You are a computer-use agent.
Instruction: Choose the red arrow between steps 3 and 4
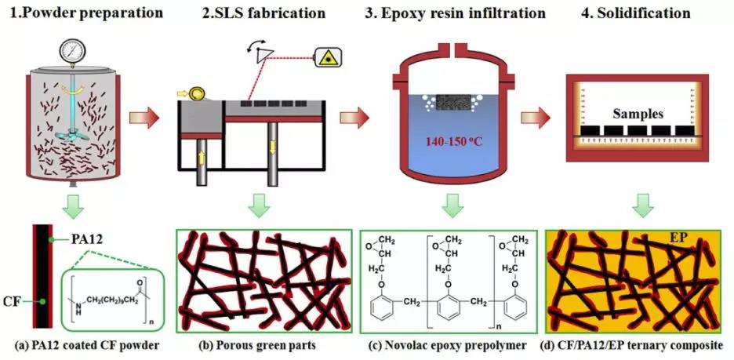tap(535, 118)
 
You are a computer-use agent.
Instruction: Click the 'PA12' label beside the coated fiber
tap(85, 240)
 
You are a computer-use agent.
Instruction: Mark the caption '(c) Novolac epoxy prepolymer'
tap(448, 346)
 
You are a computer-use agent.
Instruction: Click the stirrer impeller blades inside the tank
tap(71, 135)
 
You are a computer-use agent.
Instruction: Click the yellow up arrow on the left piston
tap(202, 158)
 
